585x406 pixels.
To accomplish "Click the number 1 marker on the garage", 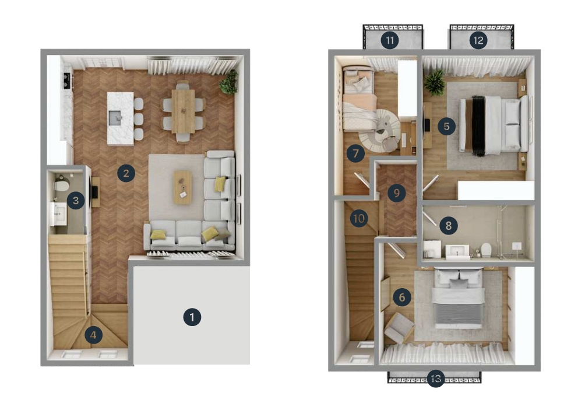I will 192,317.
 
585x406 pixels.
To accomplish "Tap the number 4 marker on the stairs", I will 94,335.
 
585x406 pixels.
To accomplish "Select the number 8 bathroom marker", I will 448,225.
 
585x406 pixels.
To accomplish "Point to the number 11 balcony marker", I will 389,40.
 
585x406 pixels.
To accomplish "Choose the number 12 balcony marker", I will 478,40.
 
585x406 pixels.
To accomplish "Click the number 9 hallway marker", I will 396,193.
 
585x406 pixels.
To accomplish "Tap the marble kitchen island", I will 120,118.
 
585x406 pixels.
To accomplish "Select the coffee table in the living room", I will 182,187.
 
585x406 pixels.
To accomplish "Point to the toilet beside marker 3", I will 61,185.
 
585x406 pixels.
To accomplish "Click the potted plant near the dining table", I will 229,82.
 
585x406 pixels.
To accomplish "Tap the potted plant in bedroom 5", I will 434,83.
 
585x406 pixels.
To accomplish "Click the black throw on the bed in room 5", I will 478,126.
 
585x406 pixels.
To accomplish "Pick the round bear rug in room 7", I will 379,131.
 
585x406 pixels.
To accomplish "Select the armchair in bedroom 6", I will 399,328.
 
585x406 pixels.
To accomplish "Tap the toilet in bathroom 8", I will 486,250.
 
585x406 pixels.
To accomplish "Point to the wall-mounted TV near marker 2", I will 96,191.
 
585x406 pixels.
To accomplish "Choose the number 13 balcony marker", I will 435,379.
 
